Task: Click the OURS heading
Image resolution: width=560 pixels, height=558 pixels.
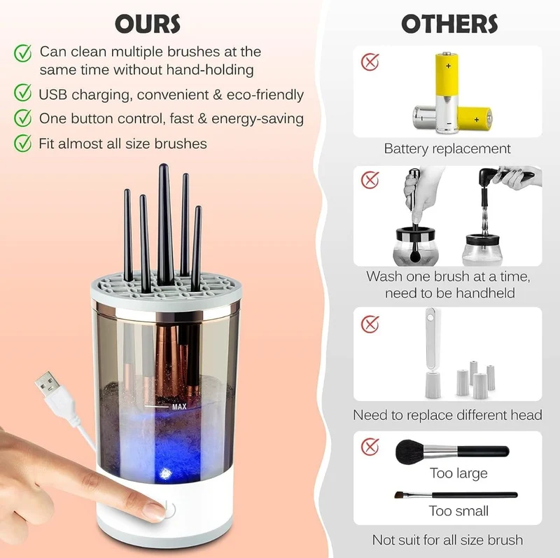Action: (148, 25)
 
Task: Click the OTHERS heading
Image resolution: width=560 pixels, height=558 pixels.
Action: (449, 25)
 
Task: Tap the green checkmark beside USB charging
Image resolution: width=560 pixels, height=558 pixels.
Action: (23, 92)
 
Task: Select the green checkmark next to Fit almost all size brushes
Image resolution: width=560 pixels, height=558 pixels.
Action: (23, 143)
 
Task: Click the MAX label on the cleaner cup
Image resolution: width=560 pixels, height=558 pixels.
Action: (179, 407)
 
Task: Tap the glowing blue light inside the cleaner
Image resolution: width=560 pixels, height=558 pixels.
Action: (165, 474)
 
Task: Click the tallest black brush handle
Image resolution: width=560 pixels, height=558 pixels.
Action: (164, 224)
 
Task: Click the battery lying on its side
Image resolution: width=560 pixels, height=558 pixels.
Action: (475, 120)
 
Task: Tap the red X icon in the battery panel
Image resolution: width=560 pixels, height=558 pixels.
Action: (370, 62)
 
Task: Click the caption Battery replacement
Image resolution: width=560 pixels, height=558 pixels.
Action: (447, 148)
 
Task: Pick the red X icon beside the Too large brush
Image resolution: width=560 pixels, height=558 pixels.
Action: (370, 447)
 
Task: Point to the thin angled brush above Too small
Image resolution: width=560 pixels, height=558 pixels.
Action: (456, 495)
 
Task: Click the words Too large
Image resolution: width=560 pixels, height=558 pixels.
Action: (458, 473)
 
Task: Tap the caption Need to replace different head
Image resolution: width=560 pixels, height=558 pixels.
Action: (447, 415)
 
